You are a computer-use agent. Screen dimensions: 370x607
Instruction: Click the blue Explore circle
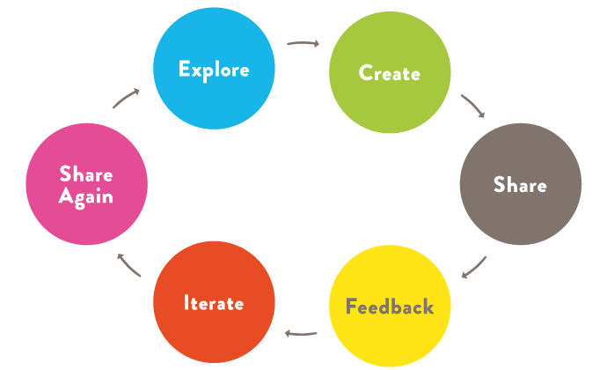click(214, 69)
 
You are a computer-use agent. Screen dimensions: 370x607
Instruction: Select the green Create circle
click(390, 73)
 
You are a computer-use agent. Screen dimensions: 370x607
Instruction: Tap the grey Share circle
click(520, 184)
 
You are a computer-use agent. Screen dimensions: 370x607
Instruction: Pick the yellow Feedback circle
click(390, 307)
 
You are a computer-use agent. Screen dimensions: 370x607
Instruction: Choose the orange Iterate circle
click(214, 302)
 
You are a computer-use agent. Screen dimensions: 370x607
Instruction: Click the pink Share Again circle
click(86, 184)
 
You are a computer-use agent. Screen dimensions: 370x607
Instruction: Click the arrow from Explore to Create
click(303, 42)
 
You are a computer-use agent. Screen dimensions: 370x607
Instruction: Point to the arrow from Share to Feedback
click(474, 266)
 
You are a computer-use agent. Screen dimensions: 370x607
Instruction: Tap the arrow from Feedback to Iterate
click(302, 333)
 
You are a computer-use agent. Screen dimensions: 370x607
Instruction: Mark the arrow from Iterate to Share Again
click(129, 265)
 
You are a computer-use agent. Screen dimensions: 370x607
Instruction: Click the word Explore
click(214, 69)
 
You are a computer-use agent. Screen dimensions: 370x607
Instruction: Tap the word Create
click(390, 73)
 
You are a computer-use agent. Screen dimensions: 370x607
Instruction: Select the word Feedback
click(390, 307)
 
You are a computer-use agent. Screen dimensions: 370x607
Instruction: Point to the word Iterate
click(214, 302)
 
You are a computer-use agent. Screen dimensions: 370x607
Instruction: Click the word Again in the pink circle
click(86, 196)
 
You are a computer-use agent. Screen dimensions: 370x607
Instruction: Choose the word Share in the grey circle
click(520, 185)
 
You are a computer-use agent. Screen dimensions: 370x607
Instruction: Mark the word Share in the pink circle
click(86, 174)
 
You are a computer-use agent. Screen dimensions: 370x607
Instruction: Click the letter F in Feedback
click(351, 307)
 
